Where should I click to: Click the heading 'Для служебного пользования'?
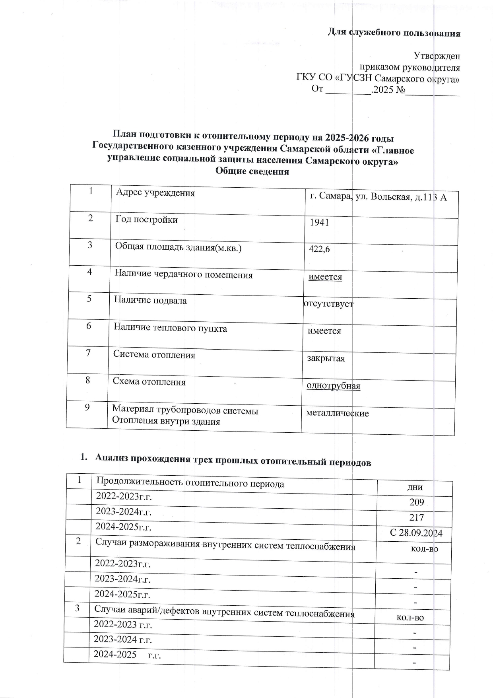point(394,33)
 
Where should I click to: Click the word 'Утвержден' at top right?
point(437,55)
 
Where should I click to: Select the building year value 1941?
point(319,222)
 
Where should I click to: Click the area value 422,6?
point(320,249)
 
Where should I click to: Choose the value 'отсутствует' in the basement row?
point(328,304)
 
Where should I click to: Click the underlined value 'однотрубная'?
point(333,386)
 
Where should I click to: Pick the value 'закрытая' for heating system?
point(326,358)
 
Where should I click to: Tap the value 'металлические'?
point(337,413)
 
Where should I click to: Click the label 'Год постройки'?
point(146,220)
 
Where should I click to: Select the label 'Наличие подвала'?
point(150,300)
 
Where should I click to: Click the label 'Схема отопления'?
point(149,382)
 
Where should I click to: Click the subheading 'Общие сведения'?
point(252,172)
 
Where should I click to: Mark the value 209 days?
point(417,502)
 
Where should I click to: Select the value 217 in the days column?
point(417,517)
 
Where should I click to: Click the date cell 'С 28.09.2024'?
point(416,533)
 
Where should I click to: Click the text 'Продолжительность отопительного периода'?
point(190,484)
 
